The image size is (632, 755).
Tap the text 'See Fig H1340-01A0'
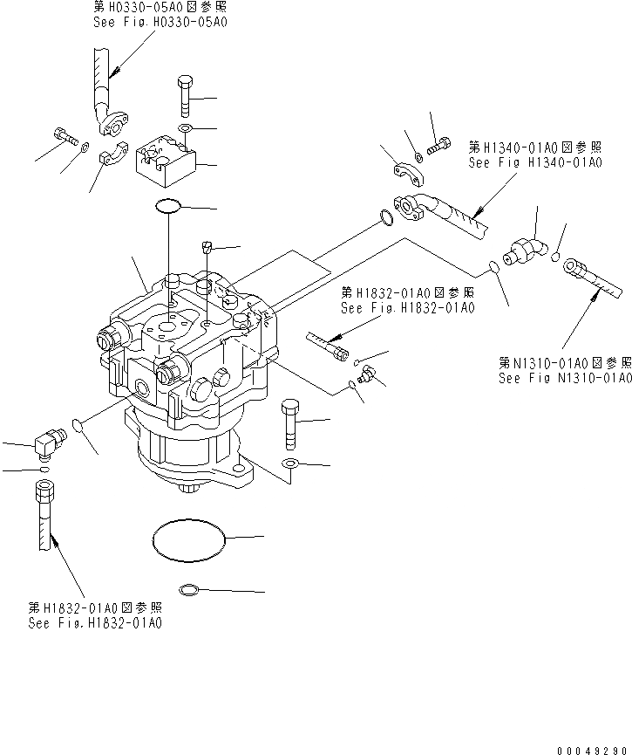click(534, 162)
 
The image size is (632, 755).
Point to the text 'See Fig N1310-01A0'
click(564, 378)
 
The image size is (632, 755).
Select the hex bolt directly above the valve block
click(187, 97)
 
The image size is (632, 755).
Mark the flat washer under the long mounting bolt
click(290, 463)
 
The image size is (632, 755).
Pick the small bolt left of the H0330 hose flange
click(64, 136)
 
